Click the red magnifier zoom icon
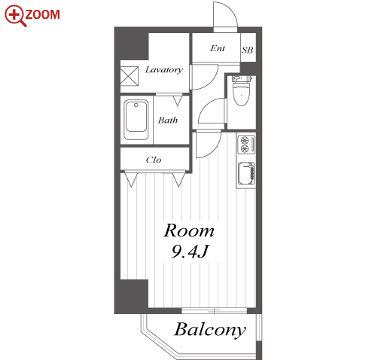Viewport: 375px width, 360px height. click(x=15, y=16)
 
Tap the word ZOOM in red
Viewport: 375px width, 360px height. click(x=43, y=14)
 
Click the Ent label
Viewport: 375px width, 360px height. click(x=218, y=48)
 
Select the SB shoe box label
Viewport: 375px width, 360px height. click(x=248, y=50)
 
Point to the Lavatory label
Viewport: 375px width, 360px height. click(x=164, y=69)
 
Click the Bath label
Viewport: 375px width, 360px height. click(x=168, y=120)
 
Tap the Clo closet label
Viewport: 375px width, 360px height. click(x=154, y=160)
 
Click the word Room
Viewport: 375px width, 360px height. click(x=189, y=230)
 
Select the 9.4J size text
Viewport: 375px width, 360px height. click(x=190, y=252)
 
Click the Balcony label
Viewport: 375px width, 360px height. click(x=210, y=330)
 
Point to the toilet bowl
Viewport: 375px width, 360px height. click(x=241, y=92)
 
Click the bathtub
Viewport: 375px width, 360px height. click(x=136, y=120)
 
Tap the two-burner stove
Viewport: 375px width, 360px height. click(x=246, y=145)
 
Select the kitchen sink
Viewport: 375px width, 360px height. click(x=246, y=173)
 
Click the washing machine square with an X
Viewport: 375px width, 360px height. click(x=130, y=76)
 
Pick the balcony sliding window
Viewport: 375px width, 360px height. click(x=214, y=311)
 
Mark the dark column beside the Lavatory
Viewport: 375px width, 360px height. click(x=131, y=44)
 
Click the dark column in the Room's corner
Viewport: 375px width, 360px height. click(x=132, y=296)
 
